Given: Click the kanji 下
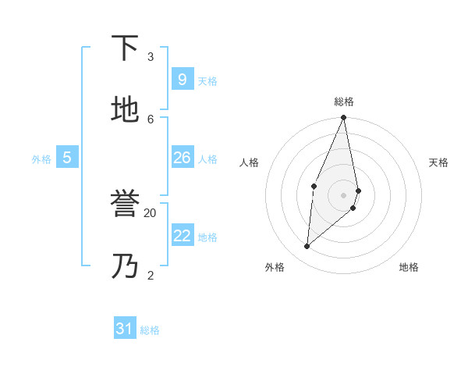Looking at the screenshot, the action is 125,48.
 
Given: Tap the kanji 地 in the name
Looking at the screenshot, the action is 125,110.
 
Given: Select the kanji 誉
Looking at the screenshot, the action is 125,204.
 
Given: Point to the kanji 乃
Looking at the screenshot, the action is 125,266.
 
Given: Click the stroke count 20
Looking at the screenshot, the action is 151,212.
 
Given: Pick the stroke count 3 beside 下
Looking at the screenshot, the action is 151,56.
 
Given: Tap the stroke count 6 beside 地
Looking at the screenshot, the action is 151,119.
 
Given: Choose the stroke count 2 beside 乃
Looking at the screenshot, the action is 151,275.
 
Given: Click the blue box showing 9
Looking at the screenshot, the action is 182,79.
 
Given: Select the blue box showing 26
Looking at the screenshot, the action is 182,158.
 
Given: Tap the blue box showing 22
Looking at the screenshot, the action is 182,236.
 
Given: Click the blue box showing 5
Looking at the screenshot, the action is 67,158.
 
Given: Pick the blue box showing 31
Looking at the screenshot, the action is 125,329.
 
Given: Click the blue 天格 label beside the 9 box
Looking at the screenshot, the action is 207,81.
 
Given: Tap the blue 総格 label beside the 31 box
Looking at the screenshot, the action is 150,331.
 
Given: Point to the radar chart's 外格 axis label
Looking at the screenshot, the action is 275,268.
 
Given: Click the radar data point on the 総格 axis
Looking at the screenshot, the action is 343,118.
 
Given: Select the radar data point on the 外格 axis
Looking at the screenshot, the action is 307,246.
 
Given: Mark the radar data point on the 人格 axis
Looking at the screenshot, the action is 314,186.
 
